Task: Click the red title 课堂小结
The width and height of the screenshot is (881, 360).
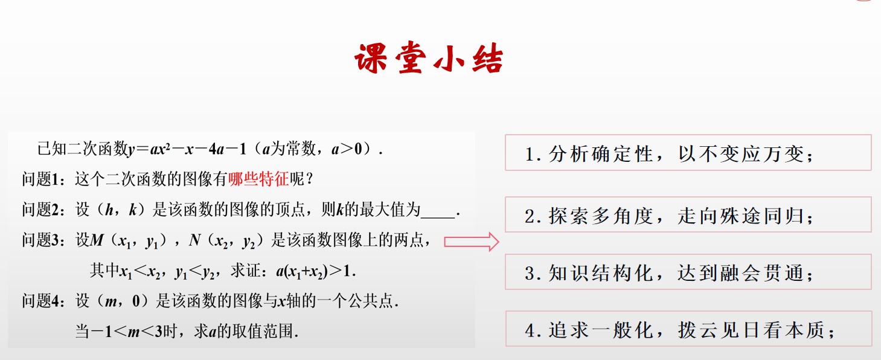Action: click(x=429, y=58)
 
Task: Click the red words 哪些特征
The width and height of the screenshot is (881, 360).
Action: click(x=258, y=179)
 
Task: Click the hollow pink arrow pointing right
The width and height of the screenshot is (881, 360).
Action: click(x=471, y=242)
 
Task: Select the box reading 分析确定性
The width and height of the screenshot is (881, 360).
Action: click(x=688, y=153)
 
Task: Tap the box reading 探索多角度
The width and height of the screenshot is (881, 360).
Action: click(x=688, y=214)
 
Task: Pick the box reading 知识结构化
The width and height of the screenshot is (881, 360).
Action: click(x=688, y=272)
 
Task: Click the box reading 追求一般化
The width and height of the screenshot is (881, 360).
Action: click(x=688, y=329)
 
